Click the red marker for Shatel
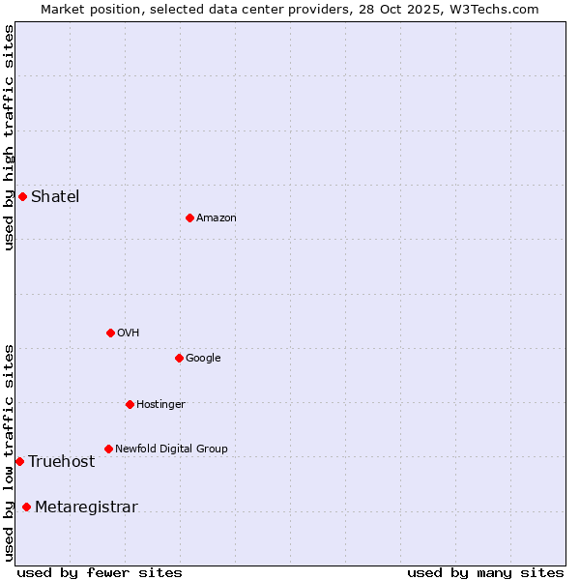pos(22,197)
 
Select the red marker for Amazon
pos(189,217)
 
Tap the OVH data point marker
pos(110,333)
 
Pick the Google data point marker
pos(179,358)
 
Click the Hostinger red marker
pos(130,404)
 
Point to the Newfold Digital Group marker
pos(108,449)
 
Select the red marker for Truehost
pos(19,461)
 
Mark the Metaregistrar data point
pos(26,507)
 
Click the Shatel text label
pos(55,197)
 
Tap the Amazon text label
pos(217,218)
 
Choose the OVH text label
pos(129,333)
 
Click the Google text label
pos(203,359)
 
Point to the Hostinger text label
pos(160,405)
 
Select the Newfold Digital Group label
pos(171,449)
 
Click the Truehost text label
pos(62,462)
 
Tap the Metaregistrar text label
pos(86,507)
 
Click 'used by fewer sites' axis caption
pos(100,572)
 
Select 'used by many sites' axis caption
pos(485,572)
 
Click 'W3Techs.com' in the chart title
pos(499,9)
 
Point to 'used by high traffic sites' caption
pos(9,137)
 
